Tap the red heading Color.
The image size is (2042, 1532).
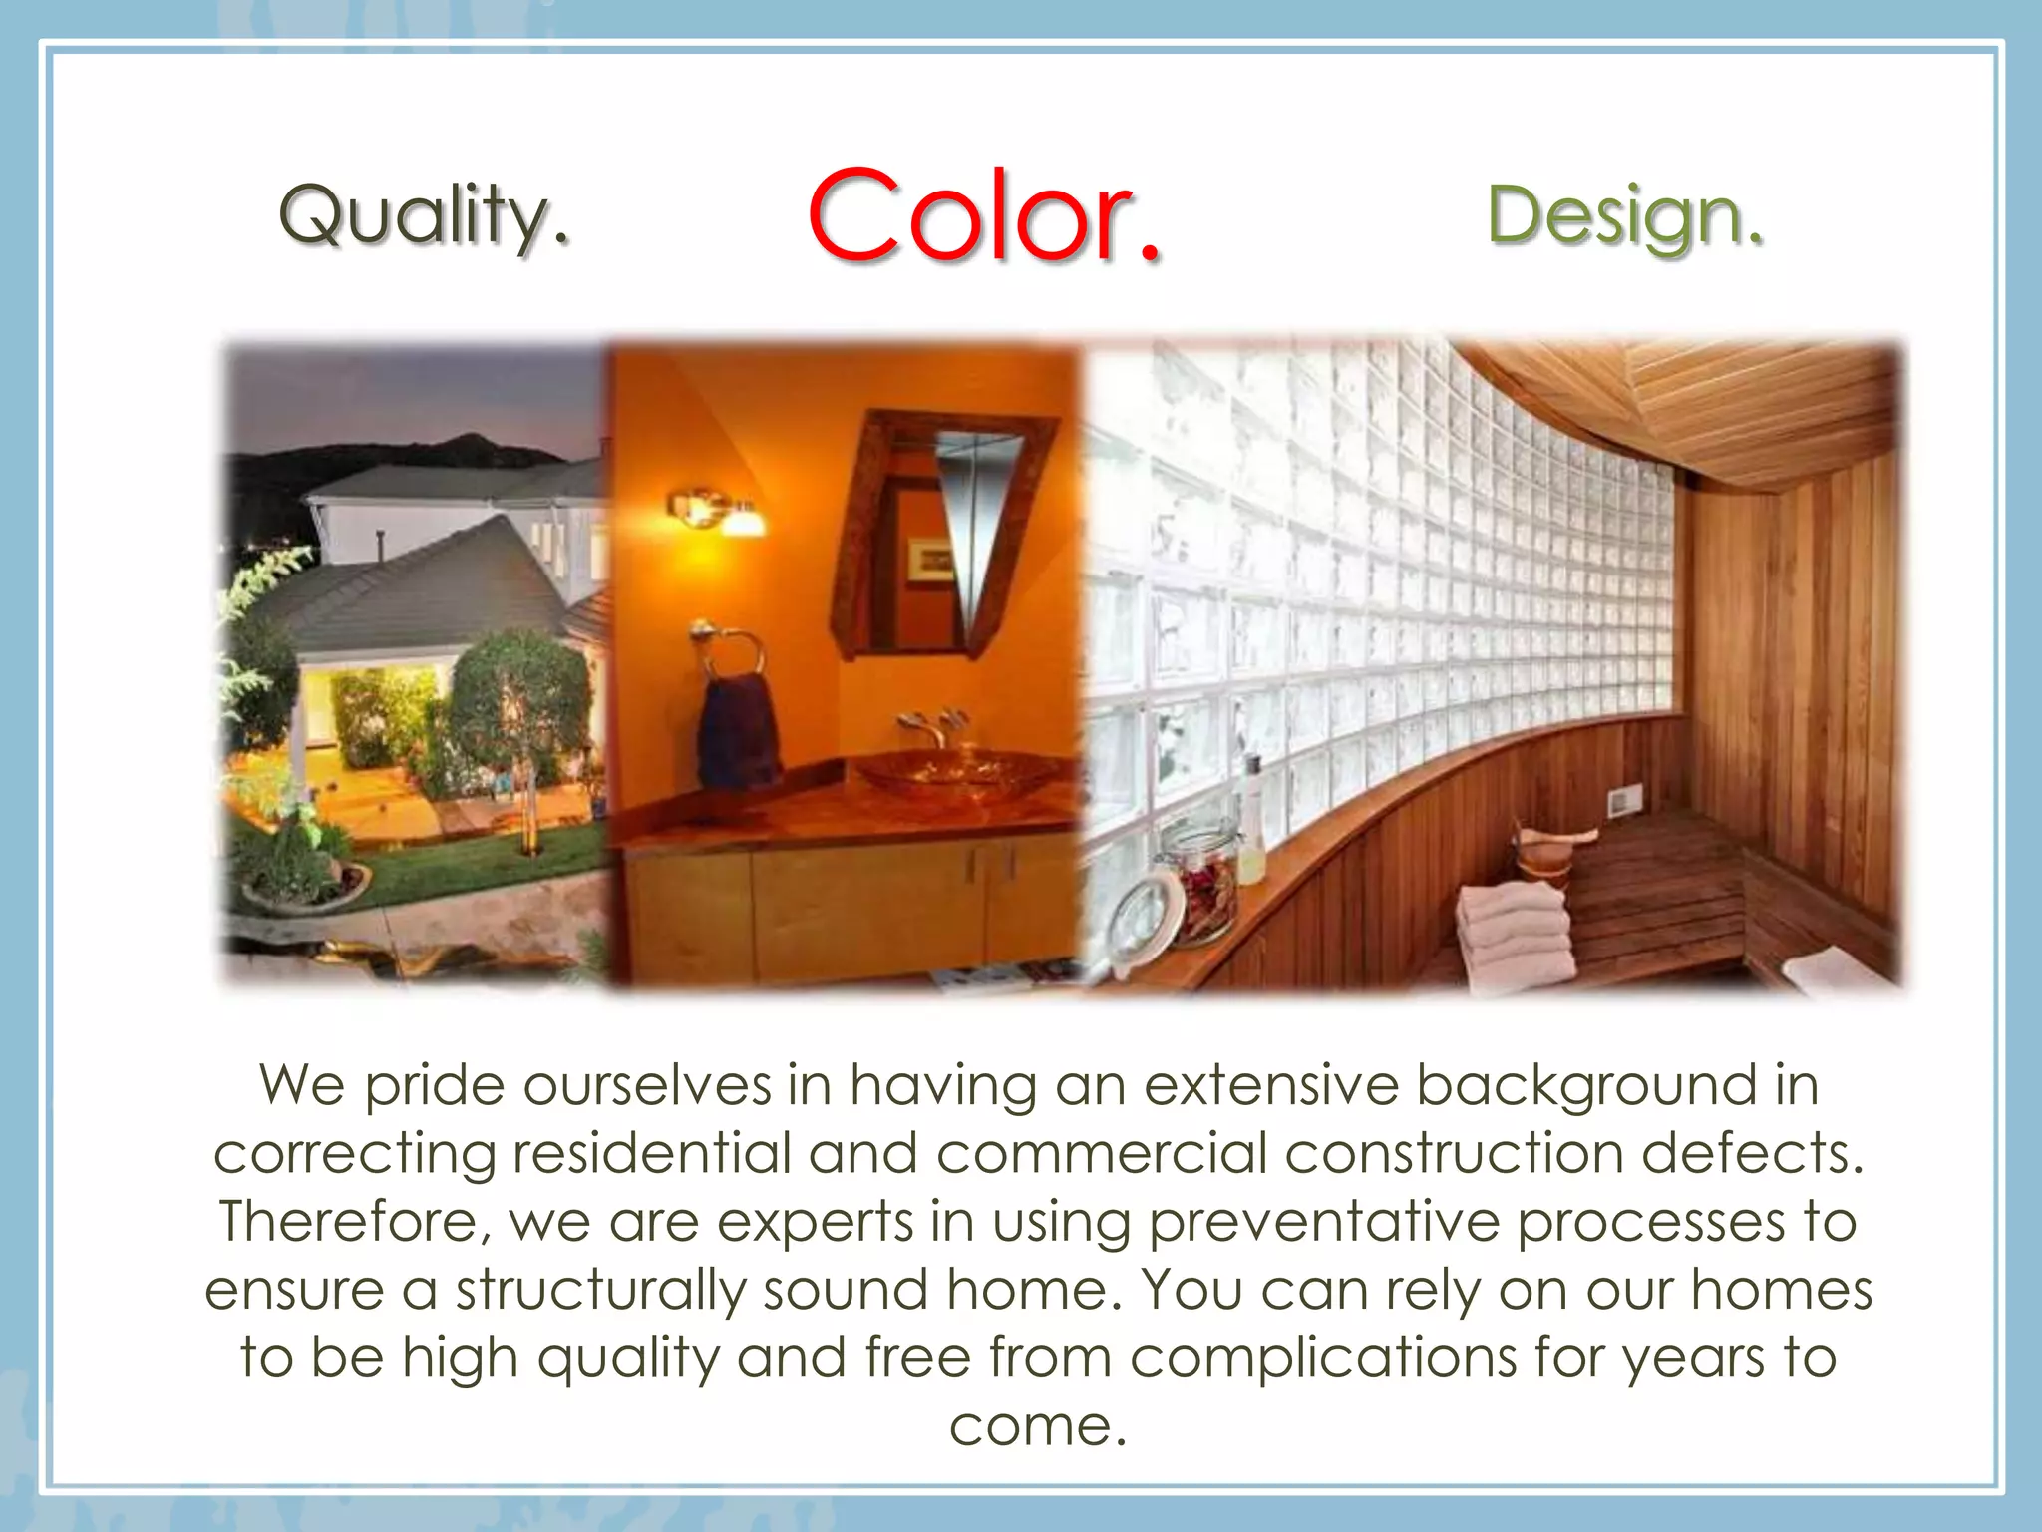984,216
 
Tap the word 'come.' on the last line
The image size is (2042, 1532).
1037,1426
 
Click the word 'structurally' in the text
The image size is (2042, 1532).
600,1290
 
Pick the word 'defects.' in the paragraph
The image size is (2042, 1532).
1752,1154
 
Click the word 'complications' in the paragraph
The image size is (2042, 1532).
1323,1358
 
